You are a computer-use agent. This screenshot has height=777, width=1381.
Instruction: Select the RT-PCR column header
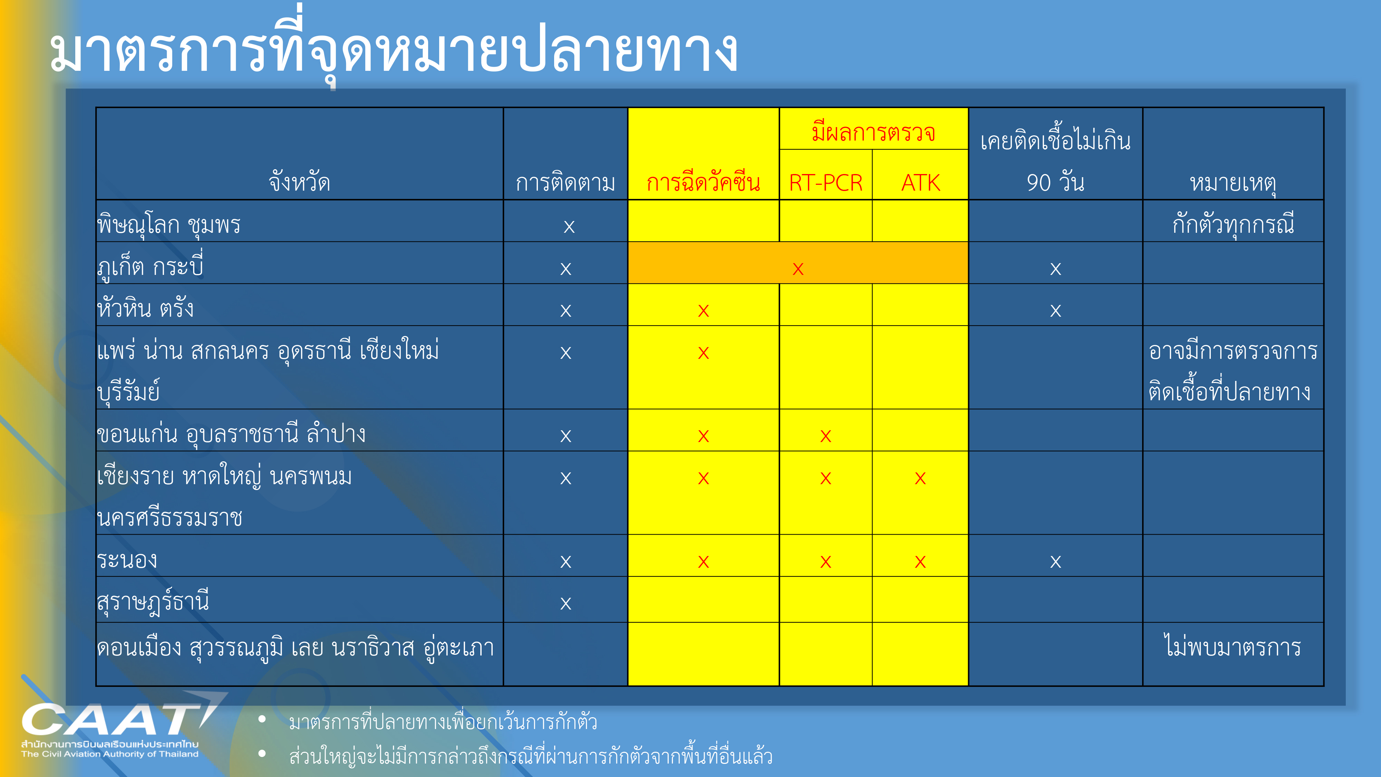tap(825, 183)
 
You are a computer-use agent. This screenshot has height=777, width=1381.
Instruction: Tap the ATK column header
tap(920, 183)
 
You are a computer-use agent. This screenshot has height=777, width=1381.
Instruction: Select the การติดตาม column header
tap(566, 182)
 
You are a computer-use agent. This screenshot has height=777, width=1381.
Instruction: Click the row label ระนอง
tap(127, 560)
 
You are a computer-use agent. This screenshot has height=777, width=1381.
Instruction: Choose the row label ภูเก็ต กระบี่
tap(150, 266)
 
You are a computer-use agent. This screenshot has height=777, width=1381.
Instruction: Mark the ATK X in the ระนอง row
tap(920, 562)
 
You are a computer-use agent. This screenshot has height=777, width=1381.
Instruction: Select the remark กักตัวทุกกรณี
tap(1233, 224)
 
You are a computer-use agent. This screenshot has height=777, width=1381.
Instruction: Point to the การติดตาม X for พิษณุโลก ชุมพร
tap(569, 227)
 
